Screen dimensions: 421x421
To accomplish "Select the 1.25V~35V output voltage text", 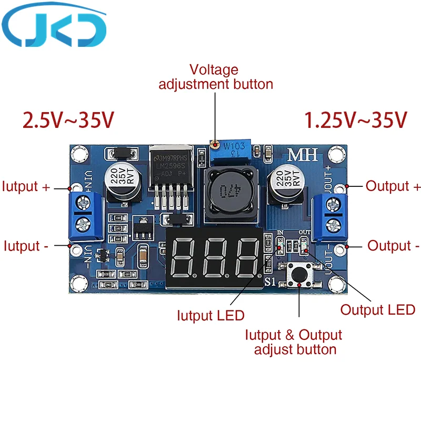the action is (356, 121).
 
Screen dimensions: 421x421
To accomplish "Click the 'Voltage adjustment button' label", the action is (216, 77).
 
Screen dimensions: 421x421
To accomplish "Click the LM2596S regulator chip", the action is (169, 166).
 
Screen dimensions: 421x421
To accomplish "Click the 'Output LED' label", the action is (377, 309).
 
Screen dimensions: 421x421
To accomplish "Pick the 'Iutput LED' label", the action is (210, 316).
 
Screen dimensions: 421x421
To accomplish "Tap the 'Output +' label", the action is (393, 186).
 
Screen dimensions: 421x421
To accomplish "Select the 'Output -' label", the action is (393, 246).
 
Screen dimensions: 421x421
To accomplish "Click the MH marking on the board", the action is (299, 156).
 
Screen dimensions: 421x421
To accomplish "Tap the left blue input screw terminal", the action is (84, 216).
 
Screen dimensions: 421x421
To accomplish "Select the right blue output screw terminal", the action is (332, 215).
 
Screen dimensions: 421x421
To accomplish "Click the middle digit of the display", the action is (214, 258).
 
